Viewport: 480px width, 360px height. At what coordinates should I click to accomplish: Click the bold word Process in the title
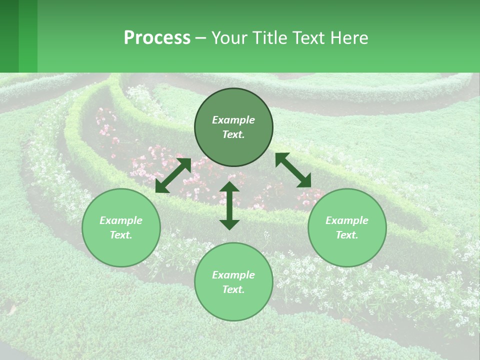[157, 38]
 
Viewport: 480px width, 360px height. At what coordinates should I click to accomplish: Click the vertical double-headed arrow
[229, 205]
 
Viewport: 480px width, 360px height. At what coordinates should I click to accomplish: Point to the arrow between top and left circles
[173, 175]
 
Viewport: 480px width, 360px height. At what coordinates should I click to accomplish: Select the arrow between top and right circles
[293, 170]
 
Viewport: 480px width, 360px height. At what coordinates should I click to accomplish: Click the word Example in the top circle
[233, 120]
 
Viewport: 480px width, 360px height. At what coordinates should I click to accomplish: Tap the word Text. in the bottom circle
[233, 289]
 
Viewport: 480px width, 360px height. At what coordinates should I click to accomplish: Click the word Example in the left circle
[121, 220]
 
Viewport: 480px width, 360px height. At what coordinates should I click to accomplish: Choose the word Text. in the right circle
[347, 235]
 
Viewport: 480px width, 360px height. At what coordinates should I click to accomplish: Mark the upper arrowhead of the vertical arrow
[229, 187]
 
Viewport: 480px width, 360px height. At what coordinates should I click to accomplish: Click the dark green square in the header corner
[9, 36]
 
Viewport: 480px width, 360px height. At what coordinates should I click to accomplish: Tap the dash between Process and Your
[200, 38]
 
